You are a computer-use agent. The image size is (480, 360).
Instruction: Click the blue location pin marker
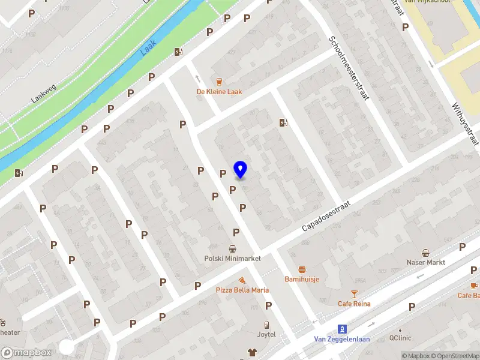click(x=241, y=170)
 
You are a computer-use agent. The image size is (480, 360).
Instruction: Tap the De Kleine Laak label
click(x=219, y=92)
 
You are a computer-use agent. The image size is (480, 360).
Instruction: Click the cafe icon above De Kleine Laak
click(x=219, y=81)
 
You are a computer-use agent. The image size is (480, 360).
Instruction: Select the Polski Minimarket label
click(x=232, y=259)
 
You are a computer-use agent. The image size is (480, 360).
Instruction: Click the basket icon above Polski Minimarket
click(x=232, y=249)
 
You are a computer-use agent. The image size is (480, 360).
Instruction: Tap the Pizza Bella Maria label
click(x=242, y=290)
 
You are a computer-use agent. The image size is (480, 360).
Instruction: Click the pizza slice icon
click(x=242, y=280)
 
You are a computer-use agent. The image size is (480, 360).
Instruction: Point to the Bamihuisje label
click(x=301, y=280)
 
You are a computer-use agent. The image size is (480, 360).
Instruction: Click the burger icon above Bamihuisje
click(x=302, y=269)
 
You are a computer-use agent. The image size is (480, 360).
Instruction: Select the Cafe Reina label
click(x=354, y=304)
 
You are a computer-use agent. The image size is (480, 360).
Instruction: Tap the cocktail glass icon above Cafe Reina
click(x=354, y=293)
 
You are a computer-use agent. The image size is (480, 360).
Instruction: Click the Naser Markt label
click(x=425, y=263)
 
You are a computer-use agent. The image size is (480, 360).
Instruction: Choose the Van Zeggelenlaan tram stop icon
click(x=342, y=328)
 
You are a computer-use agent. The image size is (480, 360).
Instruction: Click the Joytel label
click(x=267, y=334)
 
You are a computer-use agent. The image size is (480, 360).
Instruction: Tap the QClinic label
click(x=400, y=338)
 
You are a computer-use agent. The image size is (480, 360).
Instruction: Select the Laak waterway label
click(x=148, y=47)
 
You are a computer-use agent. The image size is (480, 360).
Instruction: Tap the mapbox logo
click(x=26, y=353)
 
